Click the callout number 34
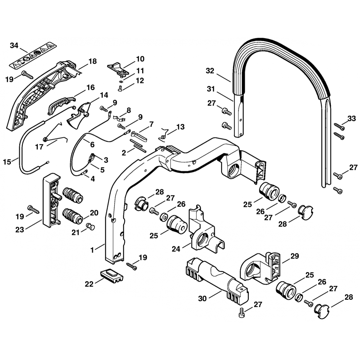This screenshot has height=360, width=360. [14, 45]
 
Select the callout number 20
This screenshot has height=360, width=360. [94, 213]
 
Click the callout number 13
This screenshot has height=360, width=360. [180, 127]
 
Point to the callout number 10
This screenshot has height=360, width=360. [140, 59]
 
